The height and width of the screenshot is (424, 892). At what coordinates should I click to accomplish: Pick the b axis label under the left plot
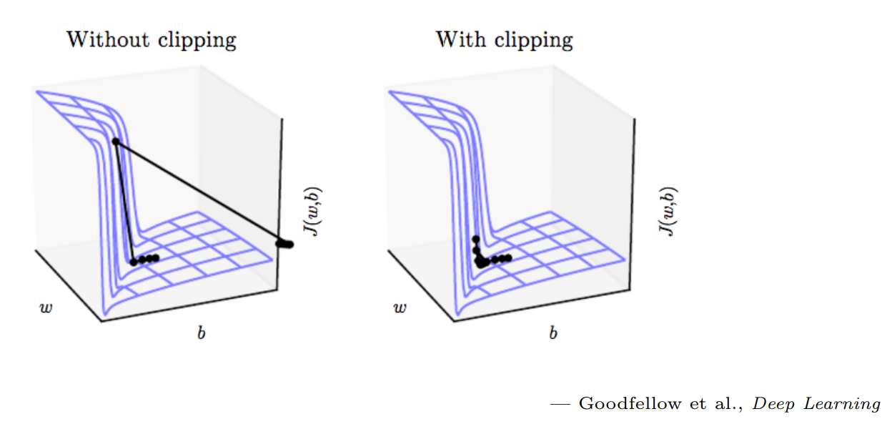201,333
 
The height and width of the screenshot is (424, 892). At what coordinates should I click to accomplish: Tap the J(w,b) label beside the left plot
312,212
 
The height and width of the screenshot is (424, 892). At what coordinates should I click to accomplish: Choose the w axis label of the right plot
400,308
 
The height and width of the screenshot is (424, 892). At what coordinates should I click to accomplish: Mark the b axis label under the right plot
553,333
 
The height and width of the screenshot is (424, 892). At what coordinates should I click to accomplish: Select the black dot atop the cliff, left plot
116,142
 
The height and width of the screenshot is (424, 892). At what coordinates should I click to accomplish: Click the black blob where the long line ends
285,245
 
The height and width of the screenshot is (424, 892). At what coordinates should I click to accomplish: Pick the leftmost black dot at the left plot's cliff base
133,262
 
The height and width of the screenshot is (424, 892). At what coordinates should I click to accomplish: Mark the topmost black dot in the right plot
475,239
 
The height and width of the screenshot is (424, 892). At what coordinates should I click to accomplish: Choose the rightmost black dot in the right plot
507,258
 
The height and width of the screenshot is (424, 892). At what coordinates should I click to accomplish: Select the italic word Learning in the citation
845,404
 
